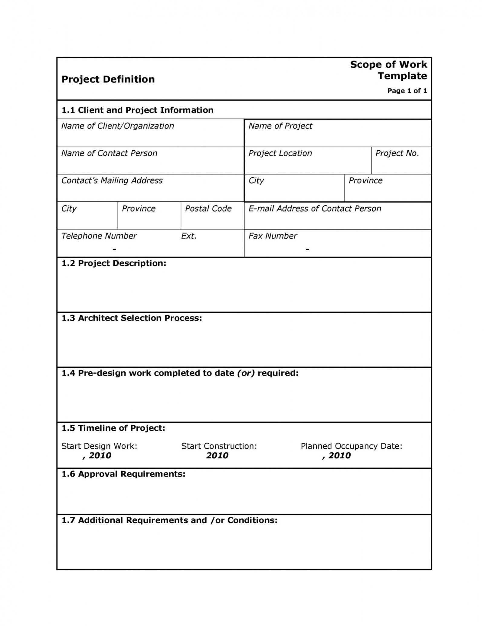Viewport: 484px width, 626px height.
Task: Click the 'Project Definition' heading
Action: pos(108,79)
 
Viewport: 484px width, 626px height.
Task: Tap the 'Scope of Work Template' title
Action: pos(388,70)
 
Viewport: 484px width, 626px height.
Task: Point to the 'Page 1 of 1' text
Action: pos(407,91)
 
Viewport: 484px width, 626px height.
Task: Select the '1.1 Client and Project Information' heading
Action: pos(137,110)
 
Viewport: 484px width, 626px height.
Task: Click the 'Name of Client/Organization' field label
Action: pos(117,126)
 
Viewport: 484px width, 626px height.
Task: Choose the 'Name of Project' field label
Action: pos(280,126)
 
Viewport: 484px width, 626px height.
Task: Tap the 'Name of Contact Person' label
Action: pos(109,153)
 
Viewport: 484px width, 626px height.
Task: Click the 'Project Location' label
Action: pos(280,153)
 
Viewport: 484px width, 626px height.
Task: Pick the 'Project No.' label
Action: pos(397,153)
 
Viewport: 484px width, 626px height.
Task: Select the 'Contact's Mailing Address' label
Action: pos(112,181)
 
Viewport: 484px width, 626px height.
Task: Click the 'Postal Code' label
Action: pos(208,209)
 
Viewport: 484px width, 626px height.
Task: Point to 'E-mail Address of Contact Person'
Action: pos(315,209)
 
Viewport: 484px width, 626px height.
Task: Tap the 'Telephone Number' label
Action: pos(99,236)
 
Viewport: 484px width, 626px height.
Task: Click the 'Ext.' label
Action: pos(189,236)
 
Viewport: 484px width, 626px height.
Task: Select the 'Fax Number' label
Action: pos(273,236)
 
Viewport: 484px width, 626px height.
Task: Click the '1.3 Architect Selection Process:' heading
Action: pos(132,318)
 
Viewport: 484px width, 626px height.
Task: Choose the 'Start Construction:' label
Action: pos(219,446)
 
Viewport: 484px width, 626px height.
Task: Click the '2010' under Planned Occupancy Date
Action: pos(339,456)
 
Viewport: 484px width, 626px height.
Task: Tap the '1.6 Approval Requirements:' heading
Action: pos(123,474)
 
